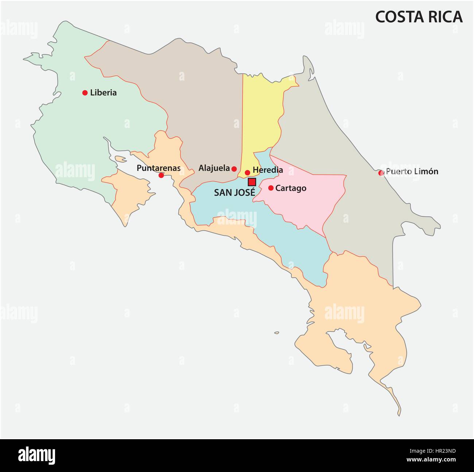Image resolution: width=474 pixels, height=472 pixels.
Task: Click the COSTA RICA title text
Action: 419,17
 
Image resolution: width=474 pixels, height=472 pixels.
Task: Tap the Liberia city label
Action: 103,93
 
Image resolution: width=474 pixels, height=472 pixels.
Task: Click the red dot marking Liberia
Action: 85,93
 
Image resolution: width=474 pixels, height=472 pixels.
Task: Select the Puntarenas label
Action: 158,168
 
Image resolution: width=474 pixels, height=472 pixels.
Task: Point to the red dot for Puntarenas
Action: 161,175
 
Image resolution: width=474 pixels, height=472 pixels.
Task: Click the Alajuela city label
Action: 214,168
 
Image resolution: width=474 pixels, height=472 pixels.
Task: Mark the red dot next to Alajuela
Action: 234,169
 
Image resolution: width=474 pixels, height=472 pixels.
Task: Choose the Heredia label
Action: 268,170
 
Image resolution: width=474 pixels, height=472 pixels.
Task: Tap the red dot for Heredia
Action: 248,172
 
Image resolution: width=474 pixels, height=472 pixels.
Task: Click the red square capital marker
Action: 252,182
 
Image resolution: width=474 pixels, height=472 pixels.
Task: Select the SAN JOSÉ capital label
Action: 234,193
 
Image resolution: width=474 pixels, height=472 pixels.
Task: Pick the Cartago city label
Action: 291,188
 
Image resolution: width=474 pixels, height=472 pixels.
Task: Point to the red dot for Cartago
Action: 271,188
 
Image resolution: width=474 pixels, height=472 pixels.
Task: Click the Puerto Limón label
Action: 412,171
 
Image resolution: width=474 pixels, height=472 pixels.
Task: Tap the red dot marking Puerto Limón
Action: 381,173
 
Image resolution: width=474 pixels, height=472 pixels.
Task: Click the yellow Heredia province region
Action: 261,117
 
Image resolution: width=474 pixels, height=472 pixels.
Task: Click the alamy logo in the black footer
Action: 36,456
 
